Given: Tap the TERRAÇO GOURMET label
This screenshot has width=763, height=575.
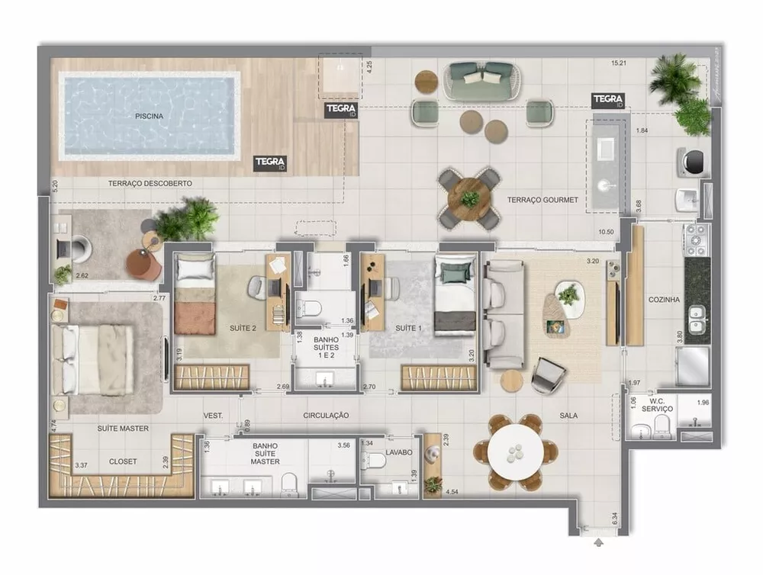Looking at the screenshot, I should click(542, 200).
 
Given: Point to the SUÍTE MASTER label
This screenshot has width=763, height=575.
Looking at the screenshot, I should click(123, 429).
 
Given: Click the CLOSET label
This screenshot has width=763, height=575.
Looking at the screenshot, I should click(123, 461).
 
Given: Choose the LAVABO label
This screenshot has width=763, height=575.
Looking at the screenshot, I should click(398, 452).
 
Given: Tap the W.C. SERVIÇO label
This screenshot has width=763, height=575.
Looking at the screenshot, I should click(657, 405).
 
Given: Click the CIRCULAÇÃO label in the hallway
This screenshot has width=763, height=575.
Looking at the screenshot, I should click(326, 416).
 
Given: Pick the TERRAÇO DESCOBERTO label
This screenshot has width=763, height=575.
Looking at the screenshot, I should click(150, 184).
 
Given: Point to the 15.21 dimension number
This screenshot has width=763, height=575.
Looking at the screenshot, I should click(620, 63).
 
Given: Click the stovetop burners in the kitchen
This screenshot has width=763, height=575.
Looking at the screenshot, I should click(697, 239).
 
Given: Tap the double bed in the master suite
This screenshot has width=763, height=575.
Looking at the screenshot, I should click(95, 360).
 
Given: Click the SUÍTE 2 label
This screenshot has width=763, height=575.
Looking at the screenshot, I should click(243, 329).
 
